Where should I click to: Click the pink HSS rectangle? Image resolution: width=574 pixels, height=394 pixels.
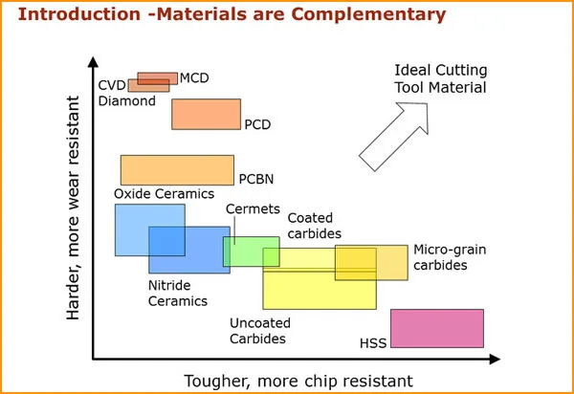tap(436, 327)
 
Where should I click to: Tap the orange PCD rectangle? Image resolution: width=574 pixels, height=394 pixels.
tap(206, 113)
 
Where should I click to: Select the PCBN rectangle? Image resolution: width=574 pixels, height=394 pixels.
tap(177, 169)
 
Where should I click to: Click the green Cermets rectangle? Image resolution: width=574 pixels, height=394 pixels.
tap(251, 252)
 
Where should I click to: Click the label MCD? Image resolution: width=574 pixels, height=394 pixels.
tap(194, 77)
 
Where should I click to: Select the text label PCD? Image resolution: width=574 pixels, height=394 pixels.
tap(258, 124)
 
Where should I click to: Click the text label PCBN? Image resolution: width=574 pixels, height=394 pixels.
tap(256, 178)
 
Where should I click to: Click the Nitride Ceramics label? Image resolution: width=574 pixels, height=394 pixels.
tap(177, 293)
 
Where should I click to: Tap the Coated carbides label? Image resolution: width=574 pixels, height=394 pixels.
tap(314, 226)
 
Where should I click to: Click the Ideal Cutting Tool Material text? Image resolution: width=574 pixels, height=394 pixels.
tap(441, 79)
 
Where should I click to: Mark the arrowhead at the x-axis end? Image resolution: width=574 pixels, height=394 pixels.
tap(494, 360)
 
